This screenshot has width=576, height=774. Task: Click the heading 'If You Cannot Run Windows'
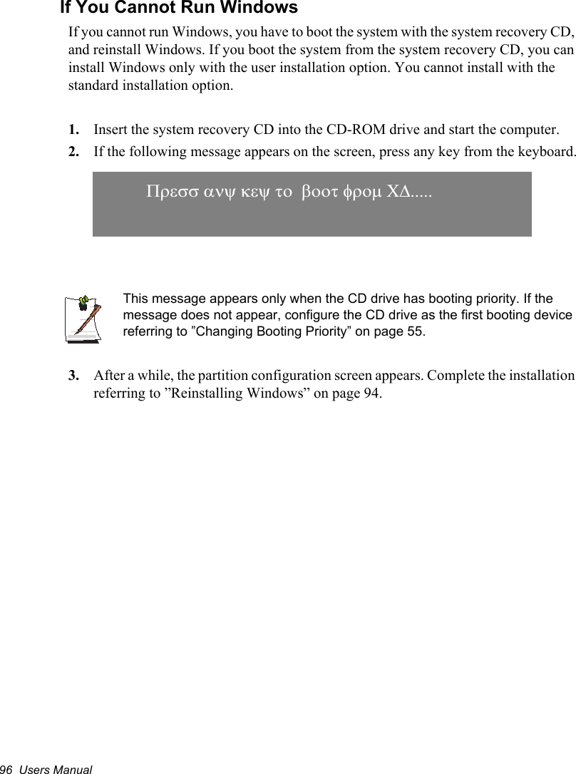(x=178, y=9)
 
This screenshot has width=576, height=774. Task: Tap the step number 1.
(x=73, y=130)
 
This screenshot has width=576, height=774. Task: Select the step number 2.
(x=73, y=152)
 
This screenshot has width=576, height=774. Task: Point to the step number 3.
(x=73, y=375)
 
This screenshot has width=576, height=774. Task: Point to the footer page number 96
(x=6, y=768)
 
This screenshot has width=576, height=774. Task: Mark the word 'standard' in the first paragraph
(x=93, y=86)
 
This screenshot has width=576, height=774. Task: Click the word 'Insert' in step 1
(x=110, y=130)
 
